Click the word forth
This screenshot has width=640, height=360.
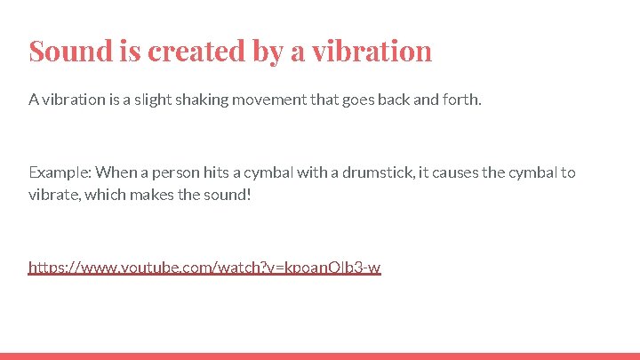pos(460,100)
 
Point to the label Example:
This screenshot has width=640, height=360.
pos(60,172)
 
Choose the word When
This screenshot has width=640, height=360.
pos(115,172)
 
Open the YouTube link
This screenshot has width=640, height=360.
pos(204,267)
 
